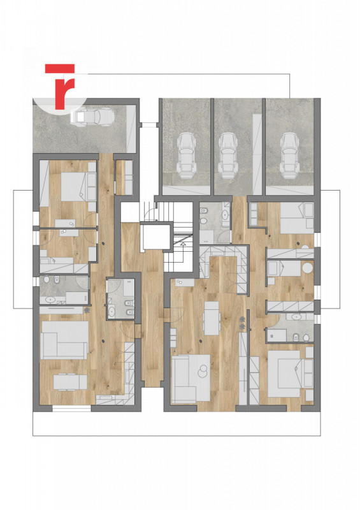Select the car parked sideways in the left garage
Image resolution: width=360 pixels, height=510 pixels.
coord(92,117)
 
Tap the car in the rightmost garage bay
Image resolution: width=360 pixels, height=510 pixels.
coord(289,155)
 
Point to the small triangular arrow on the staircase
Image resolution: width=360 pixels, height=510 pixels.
coord(183,244)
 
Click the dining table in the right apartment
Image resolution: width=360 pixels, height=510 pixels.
coord(212,317)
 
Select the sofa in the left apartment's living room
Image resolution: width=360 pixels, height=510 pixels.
coord(64,340)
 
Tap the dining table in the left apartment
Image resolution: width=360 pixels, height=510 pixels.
coord(70,382)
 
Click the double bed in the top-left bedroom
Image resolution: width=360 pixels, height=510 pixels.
coord(78,187)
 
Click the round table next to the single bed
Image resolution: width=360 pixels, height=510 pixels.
coord(307,268)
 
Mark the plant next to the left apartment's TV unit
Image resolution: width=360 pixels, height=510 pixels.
coord(87,310)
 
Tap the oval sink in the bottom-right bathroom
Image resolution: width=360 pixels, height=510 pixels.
coord(296,316)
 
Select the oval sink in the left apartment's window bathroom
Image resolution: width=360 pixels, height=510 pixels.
coord(50,299)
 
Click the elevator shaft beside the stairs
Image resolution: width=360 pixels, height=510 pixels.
coord(155,236)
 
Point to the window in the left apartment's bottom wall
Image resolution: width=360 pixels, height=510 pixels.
coord(71,408)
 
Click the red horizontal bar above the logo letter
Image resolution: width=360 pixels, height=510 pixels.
coord(60,68)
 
